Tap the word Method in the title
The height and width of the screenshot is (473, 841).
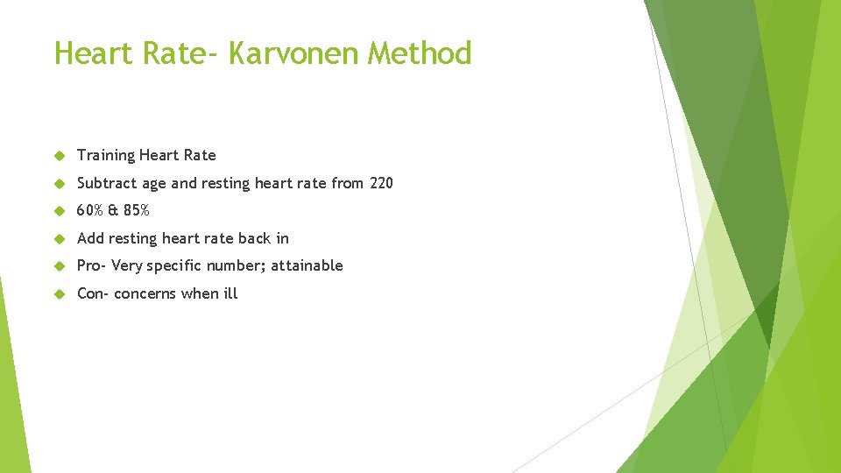coord(420,53)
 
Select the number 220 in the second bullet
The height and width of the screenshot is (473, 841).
coord(381,183)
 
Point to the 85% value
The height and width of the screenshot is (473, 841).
coord(136,210)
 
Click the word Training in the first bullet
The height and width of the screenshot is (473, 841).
coord(105,156)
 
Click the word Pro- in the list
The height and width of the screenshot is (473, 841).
coord(92,265)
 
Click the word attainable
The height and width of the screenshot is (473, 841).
coord(307,265)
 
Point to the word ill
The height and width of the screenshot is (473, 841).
coord(230,293)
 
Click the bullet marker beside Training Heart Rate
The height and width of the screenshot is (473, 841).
coord(60,156)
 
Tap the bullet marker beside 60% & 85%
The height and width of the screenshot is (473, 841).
coord(60,211)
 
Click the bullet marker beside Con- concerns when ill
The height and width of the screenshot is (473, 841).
coord(60,293)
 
